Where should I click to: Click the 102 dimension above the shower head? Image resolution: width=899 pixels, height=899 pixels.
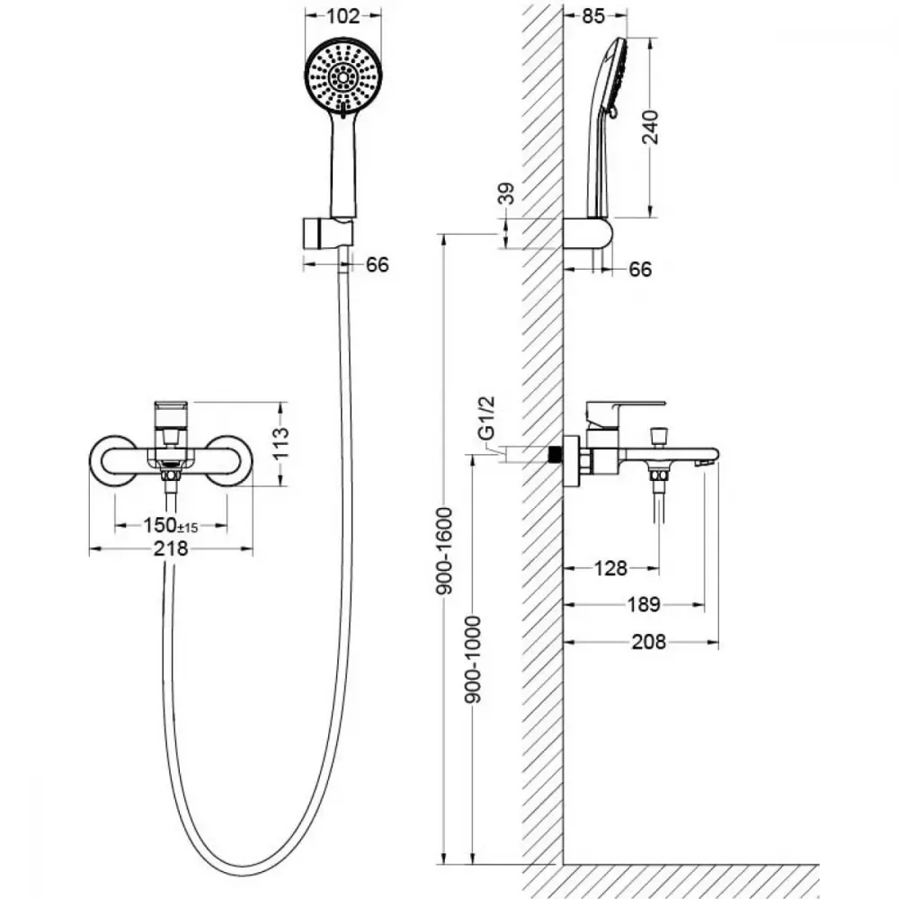tap(343, 16)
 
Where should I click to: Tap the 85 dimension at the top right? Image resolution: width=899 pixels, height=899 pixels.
tap(592, 16)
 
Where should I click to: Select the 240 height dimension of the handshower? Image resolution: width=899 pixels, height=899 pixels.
tap(650, 127)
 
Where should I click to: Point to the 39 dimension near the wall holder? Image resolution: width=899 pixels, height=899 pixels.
tap(506, 193)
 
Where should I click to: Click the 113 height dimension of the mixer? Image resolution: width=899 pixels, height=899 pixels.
tap(280, 443)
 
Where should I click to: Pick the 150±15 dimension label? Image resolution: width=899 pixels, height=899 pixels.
tap(170, 525)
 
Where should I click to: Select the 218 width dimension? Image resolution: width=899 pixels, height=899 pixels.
tap(171, 548)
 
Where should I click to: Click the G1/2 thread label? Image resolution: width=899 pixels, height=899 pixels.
tap(485, 418)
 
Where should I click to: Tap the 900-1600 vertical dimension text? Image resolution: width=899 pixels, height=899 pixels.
tap(444, 550)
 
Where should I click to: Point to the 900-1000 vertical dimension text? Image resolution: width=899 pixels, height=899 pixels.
tap(473, 659)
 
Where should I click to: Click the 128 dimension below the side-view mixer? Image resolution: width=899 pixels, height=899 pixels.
tap(610, 568)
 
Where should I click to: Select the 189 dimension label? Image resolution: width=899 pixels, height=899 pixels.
tap(644, 604)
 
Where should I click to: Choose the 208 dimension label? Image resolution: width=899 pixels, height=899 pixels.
tap(648, 642)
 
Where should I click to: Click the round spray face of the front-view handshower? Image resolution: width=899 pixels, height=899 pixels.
tap(343, 76)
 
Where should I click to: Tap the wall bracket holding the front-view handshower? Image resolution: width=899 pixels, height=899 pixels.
tap(326, 233)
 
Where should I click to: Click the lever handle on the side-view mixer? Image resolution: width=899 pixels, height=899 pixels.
tap(625, 410)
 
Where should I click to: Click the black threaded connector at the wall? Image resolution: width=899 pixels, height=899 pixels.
tap(555, 455)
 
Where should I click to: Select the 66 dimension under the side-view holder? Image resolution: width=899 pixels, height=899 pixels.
tap(640, 269)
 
